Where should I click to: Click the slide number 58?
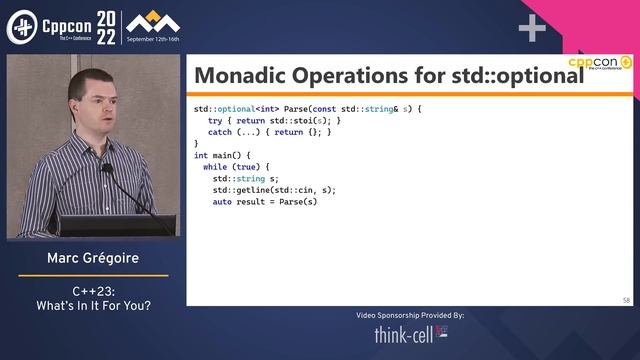(x=625, y=299)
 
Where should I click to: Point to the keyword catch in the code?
(x=220, y=131)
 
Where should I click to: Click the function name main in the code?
(x=225, y=155)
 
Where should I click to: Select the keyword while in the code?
(x=215, y=167)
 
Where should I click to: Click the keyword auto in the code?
(x=222, y=202)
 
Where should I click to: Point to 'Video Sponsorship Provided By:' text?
(x=410, y=315)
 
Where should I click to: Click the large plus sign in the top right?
(x=532, y=28)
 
